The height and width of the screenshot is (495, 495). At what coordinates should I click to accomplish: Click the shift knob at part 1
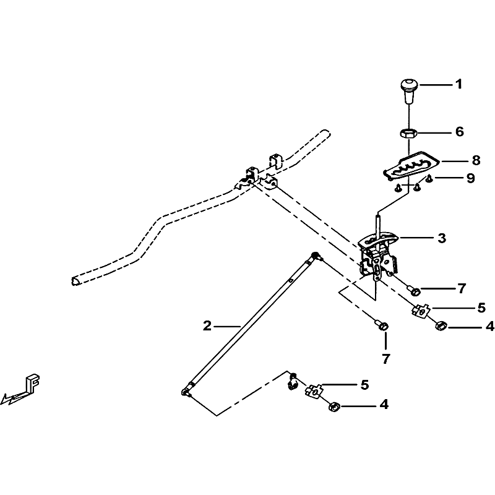[x=409, y=91]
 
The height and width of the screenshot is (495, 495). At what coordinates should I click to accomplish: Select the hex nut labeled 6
[x=409, y=134]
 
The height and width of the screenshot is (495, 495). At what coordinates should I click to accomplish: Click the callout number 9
[x=470, y=179]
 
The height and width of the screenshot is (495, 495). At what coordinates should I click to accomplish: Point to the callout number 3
[x=442, y=238]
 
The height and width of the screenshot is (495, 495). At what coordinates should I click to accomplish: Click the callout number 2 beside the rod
[x=207, y=326]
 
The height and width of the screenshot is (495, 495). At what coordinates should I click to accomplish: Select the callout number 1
[x=458, y=84]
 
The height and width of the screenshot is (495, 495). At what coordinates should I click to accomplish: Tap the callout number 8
[x=476, y=160]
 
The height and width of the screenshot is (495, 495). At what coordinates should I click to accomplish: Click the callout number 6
[x=460, y=132]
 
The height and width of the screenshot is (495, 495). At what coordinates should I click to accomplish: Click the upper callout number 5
[x=481, y=308]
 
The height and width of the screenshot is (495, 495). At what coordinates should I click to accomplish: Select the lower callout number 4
[x=384, y=405]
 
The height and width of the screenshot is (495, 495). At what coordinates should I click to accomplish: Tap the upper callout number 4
[x=489, y=327]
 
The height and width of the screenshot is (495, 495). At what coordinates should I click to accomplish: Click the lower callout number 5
[x=364, y=385]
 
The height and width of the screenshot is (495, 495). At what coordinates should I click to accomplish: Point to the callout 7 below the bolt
[x=385, y=359]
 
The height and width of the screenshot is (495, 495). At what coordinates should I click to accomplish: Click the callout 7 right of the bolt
[x=462, y=288]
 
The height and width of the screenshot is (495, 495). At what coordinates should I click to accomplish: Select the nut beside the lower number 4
[x=334, y=407]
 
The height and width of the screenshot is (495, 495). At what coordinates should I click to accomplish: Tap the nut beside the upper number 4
[x=441, y=325]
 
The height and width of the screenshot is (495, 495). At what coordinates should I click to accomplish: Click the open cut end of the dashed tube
[x=75, y=281]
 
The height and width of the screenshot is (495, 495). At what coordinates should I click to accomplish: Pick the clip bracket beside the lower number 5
[x=314, y=391]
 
